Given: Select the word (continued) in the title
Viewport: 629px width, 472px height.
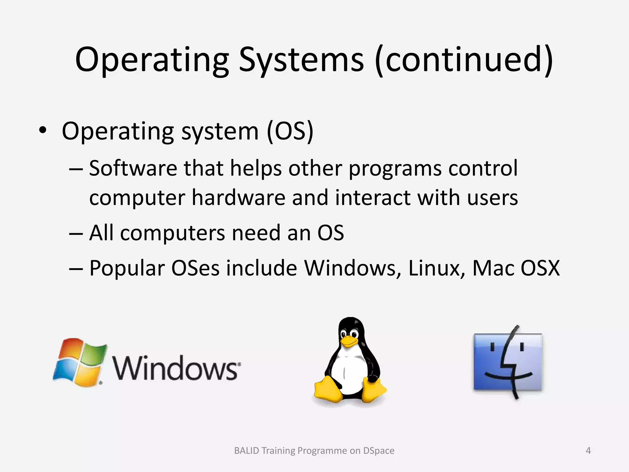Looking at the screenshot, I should [464, 60].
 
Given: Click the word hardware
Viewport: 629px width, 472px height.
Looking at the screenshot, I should [239, 198].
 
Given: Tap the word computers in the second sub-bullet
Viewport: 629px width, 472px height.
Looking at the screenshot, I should [173, 233].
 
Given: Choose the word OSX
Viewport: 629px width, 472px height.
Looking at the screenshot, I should [540, 268].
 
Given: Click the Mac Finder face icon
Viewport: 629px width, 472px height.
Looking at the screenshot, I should [508, 362].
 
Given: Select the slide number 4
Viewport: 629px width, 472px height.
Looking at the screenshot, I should [588, 451].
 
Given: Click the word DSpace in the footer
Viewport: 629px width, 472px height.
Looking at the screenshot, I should [379, 451].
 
